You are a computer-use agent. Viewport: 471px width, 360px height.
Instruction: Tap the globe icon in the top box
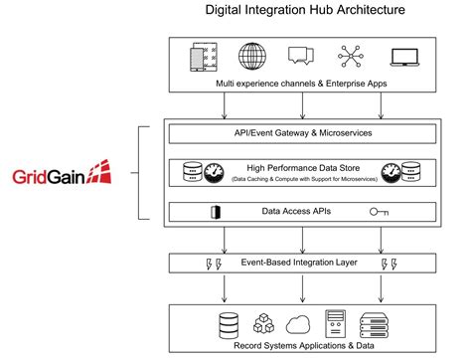[x=251, y=58]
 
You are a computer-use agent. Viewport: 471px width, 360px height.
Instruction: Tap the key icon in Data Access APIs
[x=379, y=211]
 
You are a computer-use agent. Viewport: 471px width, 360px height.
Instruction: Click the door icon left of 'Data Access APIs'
[x=215, y=211]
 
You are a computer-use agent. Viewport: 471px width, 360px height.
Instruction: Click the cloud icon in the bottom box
[x=298, y=323]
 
